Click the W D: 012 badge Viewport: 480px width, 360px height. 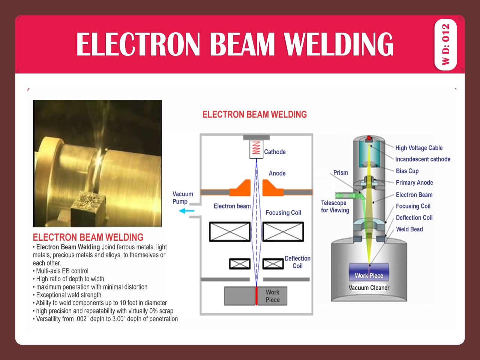(x=445, y=44)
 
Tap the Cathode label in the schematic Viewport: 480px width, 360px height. (x=274, y=152)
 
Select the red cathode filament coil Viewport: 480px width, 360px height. (x=256, y=148)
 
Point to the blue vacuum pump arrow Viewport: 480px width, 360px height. (x=186, y=211)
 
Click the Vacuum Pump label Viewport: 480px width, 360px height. (x=183, y=198)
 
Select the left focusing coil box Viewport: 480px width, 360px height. (x=229, y=232)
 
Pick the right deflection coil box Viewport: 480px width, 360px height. (x=273, y=264)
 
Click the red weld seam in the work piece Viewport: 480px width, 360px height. (x=256, y=296)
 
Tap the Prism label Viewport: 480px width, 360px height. (x=340, y=172)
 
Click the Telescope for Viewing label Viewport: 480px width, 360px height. (x=335, y=207)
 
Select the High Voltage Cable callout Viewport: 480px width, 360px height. (x=419, y=148)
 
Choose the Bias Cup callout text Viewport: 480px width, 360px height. (x=407, y=171)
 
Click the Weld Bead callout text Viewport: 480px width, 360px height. (x=409, y=229)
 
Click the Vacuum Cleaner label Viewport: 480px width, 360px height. (x=369, y=288)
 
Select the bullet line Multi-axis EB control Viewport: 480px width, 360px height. (x=62, y=271)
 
